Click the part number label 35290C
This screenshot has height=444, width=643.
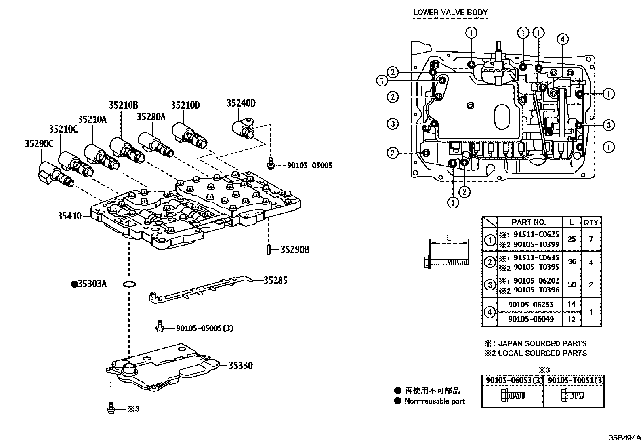coord(39,143)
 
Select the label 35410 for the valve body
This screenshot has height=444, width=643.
coord(69,216)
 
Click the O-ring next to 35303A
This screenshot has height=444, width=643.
coord(129,284)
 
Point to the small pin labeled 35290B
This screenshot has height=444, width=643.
coord(268,250)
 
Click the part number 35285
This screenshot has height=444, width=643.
coord(275,280)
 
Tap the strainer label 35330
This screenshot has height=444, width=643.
coord(240,366)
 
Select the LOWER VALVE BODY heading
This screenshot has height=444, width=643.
coord(450,12)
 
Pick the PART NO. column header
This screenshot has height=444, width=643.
coord(528,222)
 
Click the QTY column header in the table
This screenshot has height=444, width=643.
coord(591,222)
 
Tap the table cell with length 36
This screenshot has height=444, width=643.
coord(572,262)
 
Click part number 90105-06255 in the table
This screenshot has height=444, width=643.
coord(530,305)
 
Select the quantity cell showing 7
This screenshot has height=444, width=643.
coord(591,239)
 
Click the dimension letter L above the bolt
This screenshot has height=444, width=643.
coord(449,238)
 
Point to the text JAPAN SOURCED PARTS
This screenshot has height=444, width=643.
coord(542,344)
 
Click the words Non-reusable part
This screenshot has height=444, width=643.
coord(435,401)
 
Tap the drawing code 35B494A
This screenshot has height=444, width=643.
coord(625,438)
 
